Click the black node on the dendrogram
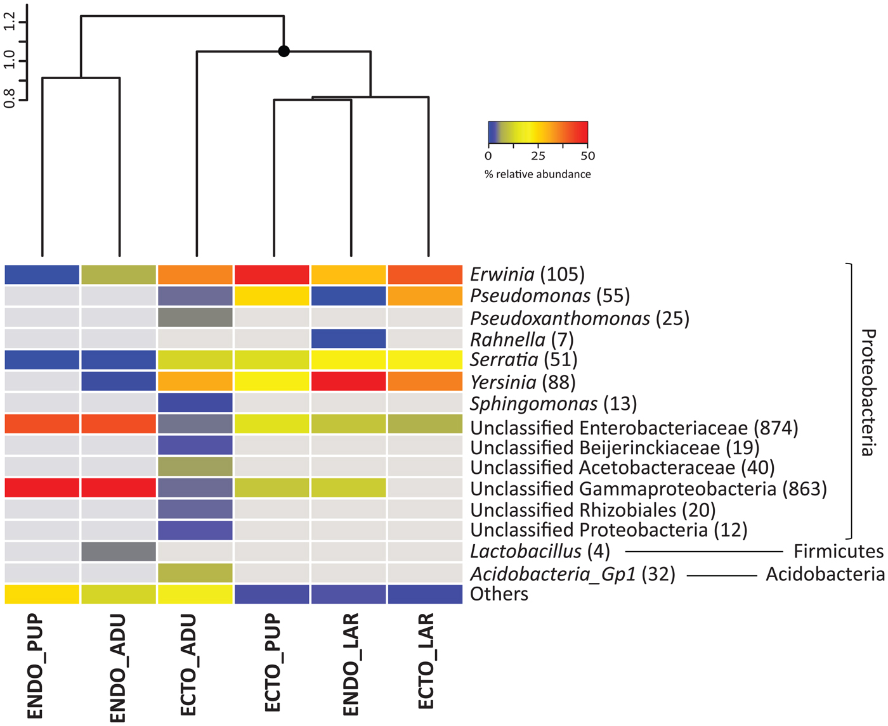coord(284,51)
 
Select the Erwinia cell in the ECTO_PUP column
coord(271,274)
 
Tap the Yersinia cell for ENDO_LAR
coord(348,381)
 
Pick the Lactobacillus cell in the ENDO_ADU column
coord(119,551)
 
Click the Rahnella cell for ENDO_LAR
coord(348,338)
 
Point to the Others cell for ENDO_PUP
coord(42,594)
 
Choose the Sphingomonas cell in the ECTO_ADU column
coord(195,403)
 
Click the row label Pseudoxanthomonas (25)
coord(579,318)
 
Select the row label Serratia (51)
coord(523,360)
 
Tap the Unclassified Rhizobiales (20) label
coord(592,509)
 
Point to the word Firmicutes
coord(838,552)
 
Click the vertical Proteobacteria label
coord(868,392)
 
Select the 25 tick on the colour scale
coord(538,156)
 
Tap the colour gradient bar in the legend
coord(538,132)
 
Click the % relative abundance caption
coord(537,174)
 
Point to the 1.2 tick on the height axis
coord(10,23)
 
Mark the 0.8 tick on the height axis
coord(10,99)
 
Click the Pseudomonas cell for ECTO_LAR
coord(425,296)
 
